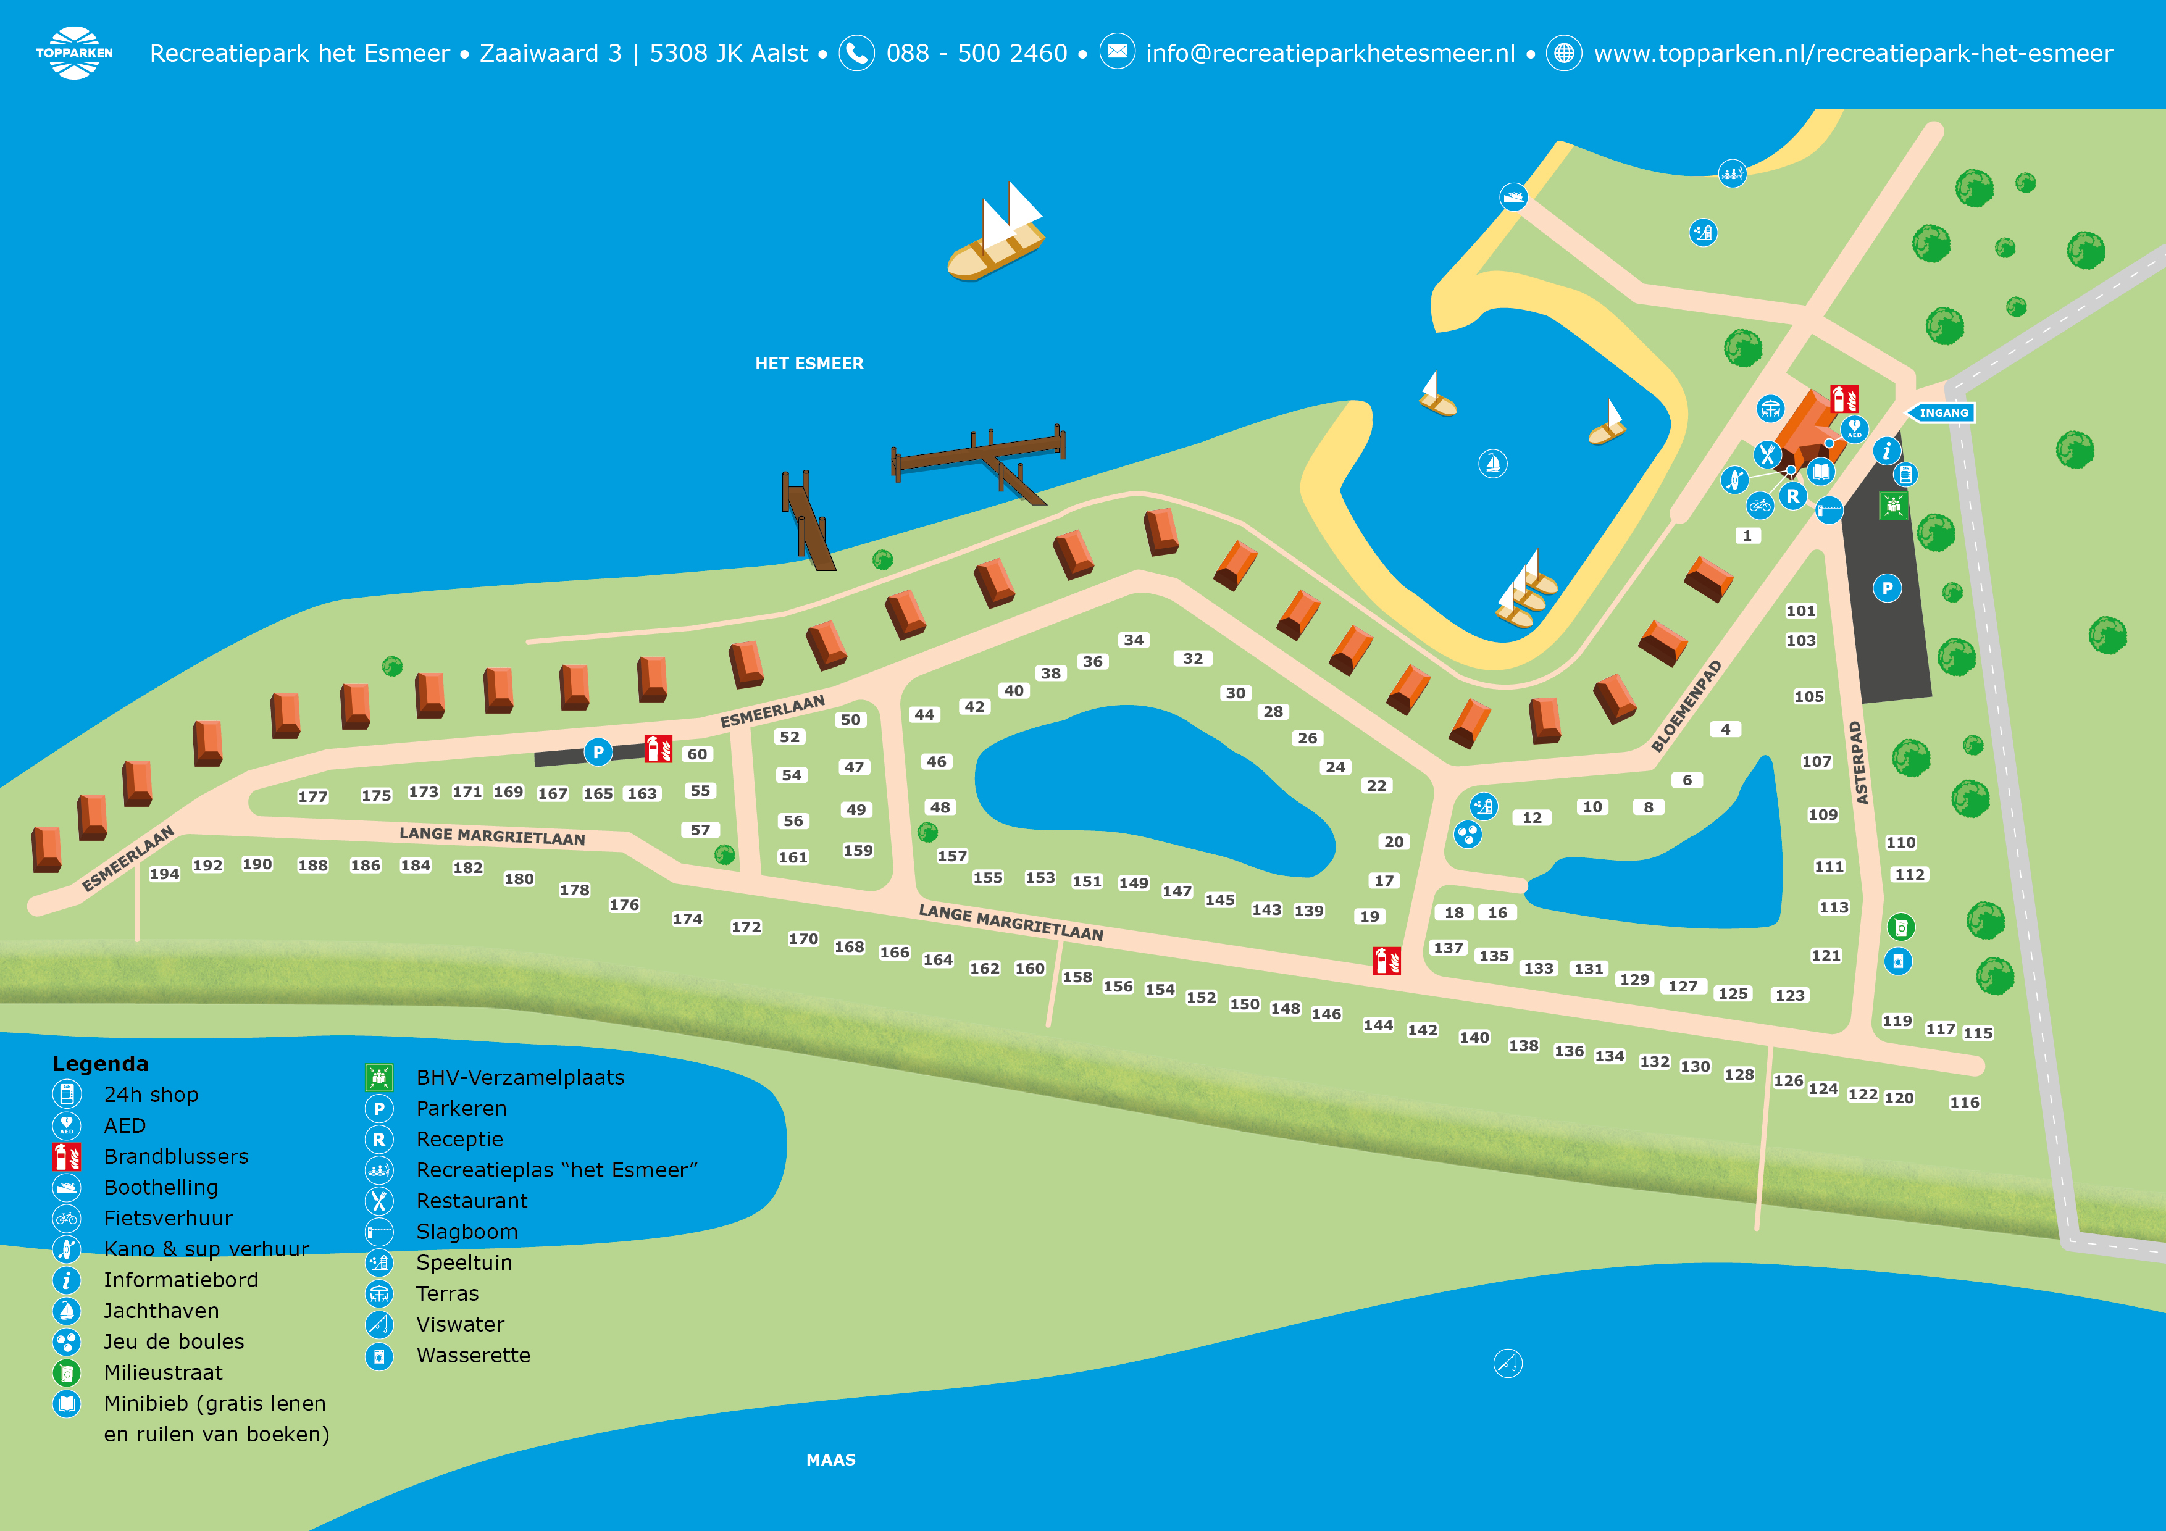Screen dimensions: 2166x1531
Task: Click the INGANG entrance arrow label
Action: [x=1941, y=413]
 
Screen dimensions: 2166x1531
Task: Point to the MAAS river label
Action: [x=831, y=1460]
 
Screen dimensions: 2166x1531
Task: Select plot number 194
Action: [x=164, y=874]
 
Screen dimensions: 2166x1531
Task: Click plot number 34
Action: [x=1134, y=640]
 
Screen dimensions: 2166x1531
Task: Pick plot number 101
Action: [x=1801, y=611]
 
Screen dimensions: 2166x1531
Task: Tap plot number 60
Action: [x=697, y=754]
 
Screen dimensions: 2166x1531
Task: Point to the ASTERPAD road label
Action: [x=1855, y=762]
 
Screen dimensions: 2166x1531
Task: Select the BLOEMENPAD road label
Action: [x=1687, y=706]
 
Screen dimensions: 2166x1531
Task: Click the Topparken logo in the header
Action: [x=75, y=53]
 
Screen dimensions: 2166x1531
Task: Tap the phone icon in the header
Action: [x=856, y=53]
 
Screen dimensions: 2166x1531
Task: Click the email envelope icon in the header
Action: [x=1117, y=52]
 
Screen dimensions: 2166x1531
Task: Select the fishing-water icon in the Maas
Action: [x=1508, y=1363]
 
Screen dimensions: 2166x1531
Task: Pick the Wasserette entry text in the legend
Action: [x=474, y=1356]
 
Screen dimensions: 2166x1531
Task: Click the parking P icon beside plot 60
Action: [x=598, y=752]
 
